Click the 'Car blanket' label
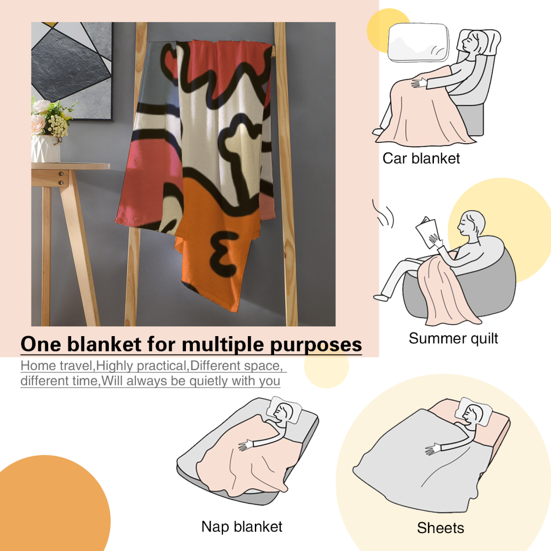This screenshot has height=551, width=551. pyautogui.click(x=421, y=158)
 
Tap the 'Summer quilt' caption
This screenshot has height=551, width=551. pyautogui.click(x=453, y=339)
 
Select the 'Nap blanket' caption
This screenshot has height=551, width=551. pyautogui.click(x=242, y=527)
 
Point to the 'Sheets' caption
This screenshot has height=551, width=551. pyautogui.click(x=440, y=528)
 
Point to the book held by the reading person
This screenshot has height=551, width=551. pyautogui.click(x=427, y=232)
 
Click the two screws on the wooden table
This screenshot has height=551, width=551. pyautogui.click(x=61, y=178)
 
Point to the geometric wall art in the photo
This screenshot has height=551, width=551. pyautogui.click(x=72, y=71)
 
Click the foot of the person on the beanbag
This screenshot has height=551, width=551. pyautogui.click(x=381, y=298)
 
